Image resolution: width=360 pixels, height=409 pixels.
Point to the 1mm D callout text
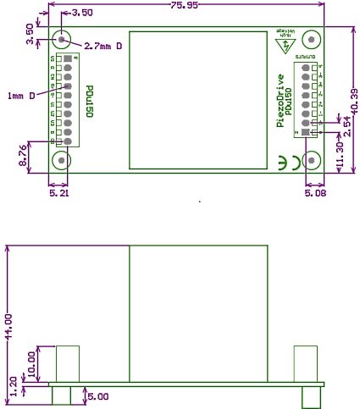point(20,95)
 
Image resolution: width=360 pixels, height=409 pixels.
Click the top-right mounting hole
point(311,40)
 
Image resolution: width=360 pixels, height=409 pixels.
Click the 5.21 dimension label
point(58,192)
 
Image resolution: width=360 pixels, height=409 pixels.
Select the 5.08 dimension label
point(315,192)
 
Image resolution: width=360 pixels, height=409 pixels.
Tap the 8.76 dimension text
point(24,155)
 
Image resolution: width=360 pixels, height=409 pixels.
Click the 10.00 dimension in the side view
point(33,362)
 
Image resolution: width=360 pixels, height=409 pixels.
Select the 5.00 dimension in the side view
point(98,395)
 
